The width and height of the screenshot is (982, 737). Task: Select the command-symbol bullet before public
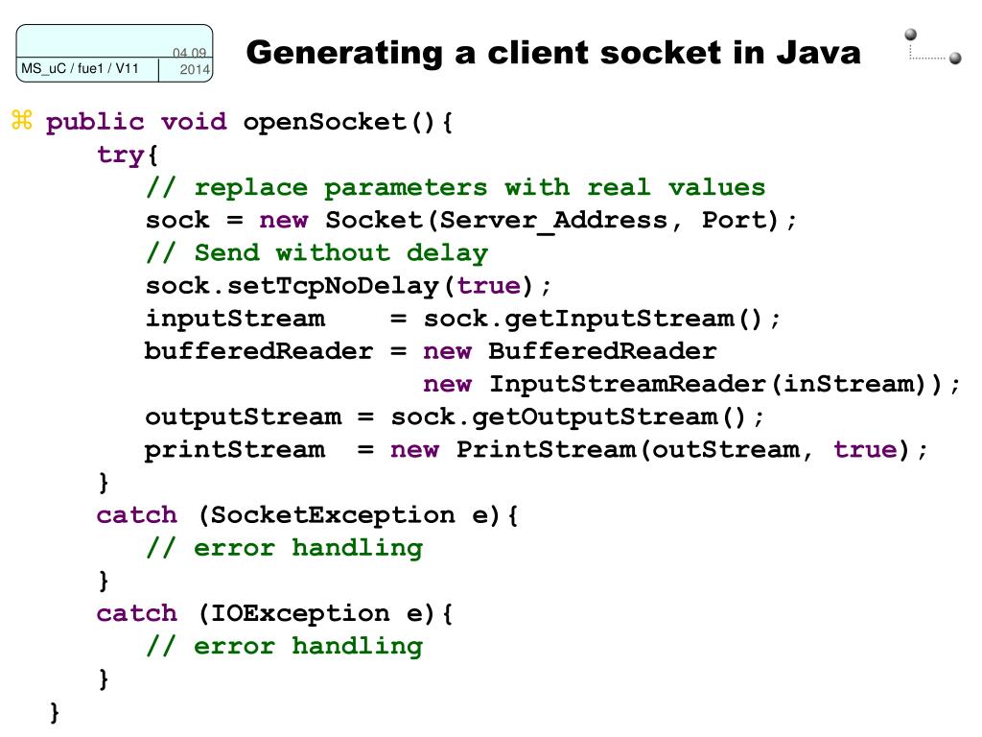pyautogui.click(x=22, y=121)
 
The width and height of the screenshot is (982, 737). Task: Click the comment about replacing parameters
pyautogui.click(x=456, y=187)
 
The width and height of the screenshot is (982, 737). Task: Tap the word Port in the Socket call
pyautogui.click(x=734, y=220)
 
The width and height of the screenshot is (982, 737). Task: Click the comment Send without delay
pyautogui.click(x=316, y=252)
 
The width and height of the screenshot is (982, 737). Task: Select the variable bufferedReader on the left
pyautogui.click(x=259, y=351)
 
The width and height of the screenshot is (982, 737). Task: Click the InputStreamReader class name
pyautogui.click(x=628, y=384)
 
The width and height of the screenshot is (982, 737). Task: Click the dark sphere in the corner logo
pyautogui.click(x=955, y=59)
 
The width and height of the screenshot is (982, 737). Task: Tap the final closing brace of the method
pyautogui.click(x=55, y=712)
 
